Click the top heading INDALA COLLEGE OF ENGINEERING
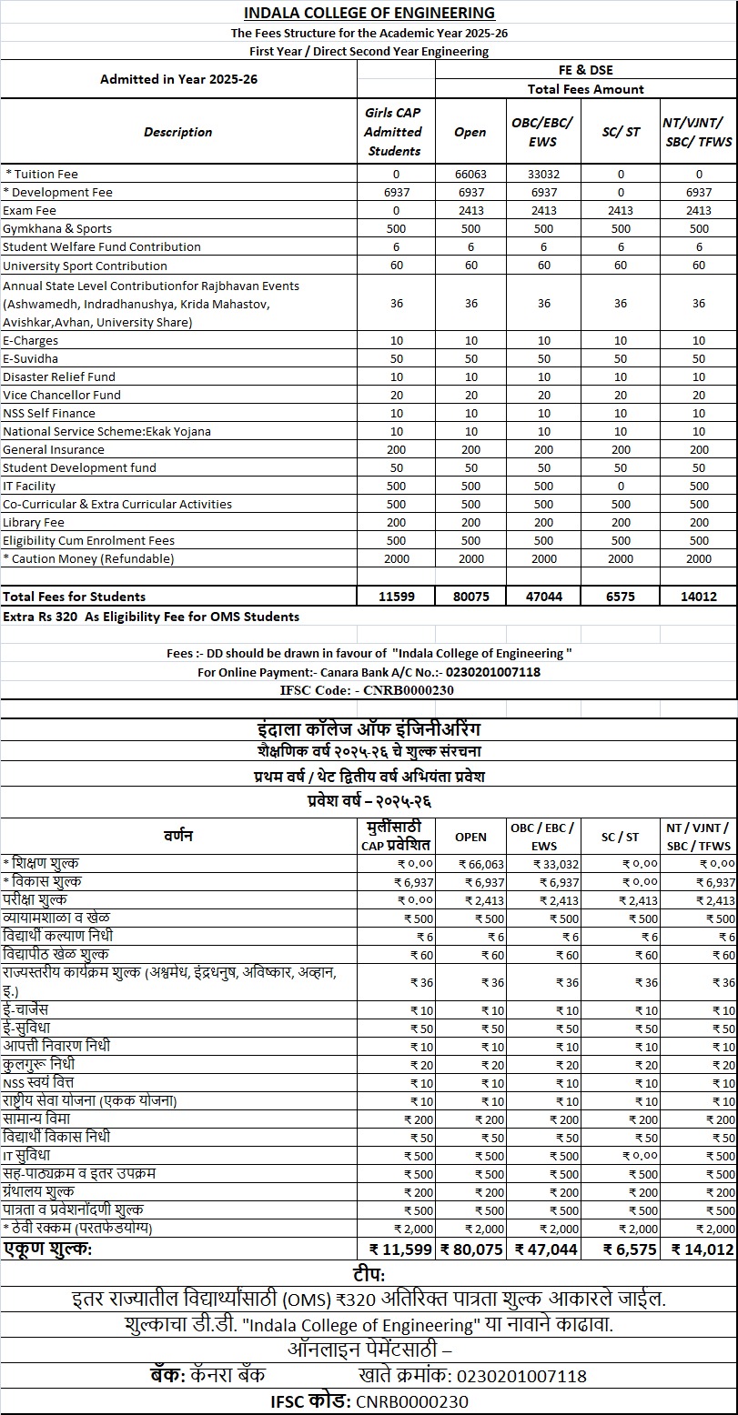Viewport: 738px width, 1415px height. (369, 13)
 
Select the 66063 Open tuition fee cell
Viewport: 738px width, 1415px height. (470, 174)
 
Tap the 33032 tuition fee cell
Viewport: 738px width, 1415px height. (543, 174)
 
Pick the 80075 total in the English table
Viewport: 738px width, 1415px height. (470, 597)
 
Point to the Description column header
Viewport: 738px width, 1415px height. (178, 132)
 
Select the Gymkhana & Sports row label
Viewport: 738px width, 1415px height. (57, 228)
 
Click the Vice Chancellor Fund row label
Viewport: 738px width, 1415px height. (62, 395)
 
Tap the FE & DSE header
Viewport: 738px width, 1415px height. (585, 70)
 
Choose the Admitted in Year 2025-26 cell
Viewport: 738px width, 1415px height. (178, 79)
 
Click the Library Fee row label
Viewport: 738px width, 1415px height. (34, 522)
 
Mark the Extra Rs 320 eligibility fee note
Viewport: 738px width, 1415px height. (151, 617)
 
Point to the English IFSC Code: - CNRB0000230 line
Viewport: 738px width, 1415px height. (368, 690)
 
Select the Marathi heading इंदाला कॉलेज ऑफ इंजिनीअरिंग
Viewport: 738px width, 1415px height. (369, 730)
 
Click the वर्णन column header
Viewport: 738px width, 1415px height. (178, 836)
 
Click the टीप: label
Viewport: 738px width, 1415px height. (369, 1274)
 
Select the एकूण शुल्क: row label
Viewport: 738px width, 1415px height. (47, 1249)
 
